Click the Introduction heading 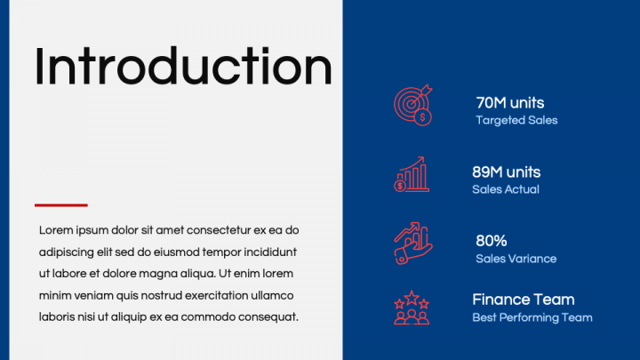tap(183, 66)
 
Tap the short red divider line tap(61, 205)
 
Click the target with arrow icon tap(412, 105)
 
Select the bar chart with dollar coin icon tap(412, 174)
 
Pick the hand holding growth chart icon tap(412, 244)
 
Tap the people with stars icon tap(412, 308)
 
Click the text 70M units tap(510, 103)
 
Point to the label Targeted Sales tap(516, 120)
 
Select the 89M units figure tap(506, 172)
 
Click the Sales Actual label tap(505, 189)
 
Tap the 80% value tap(491, 241)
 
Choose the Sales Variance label tap(516, 259)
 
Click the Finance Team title tap(524, 300)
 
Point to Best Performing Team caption tap(532, 317)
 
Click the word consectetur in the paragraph tap(219, 230)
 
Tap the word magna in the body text tap(156, 275)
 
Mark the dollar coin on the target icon tap(423, 118)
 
